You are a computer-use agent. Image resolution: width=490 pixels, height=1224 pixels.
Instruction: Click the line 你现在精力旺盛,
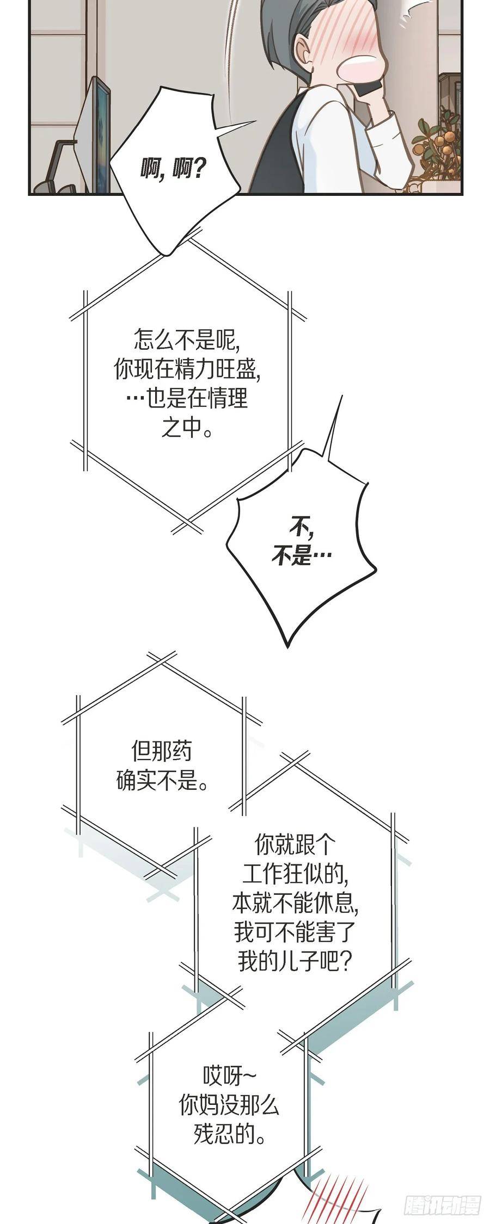187,370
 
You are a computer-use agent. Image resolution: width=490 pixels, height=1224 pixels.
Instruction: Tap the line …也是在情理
187,399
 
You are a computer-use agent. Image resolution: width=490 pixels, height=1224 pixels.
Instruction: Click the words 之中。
187,428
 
